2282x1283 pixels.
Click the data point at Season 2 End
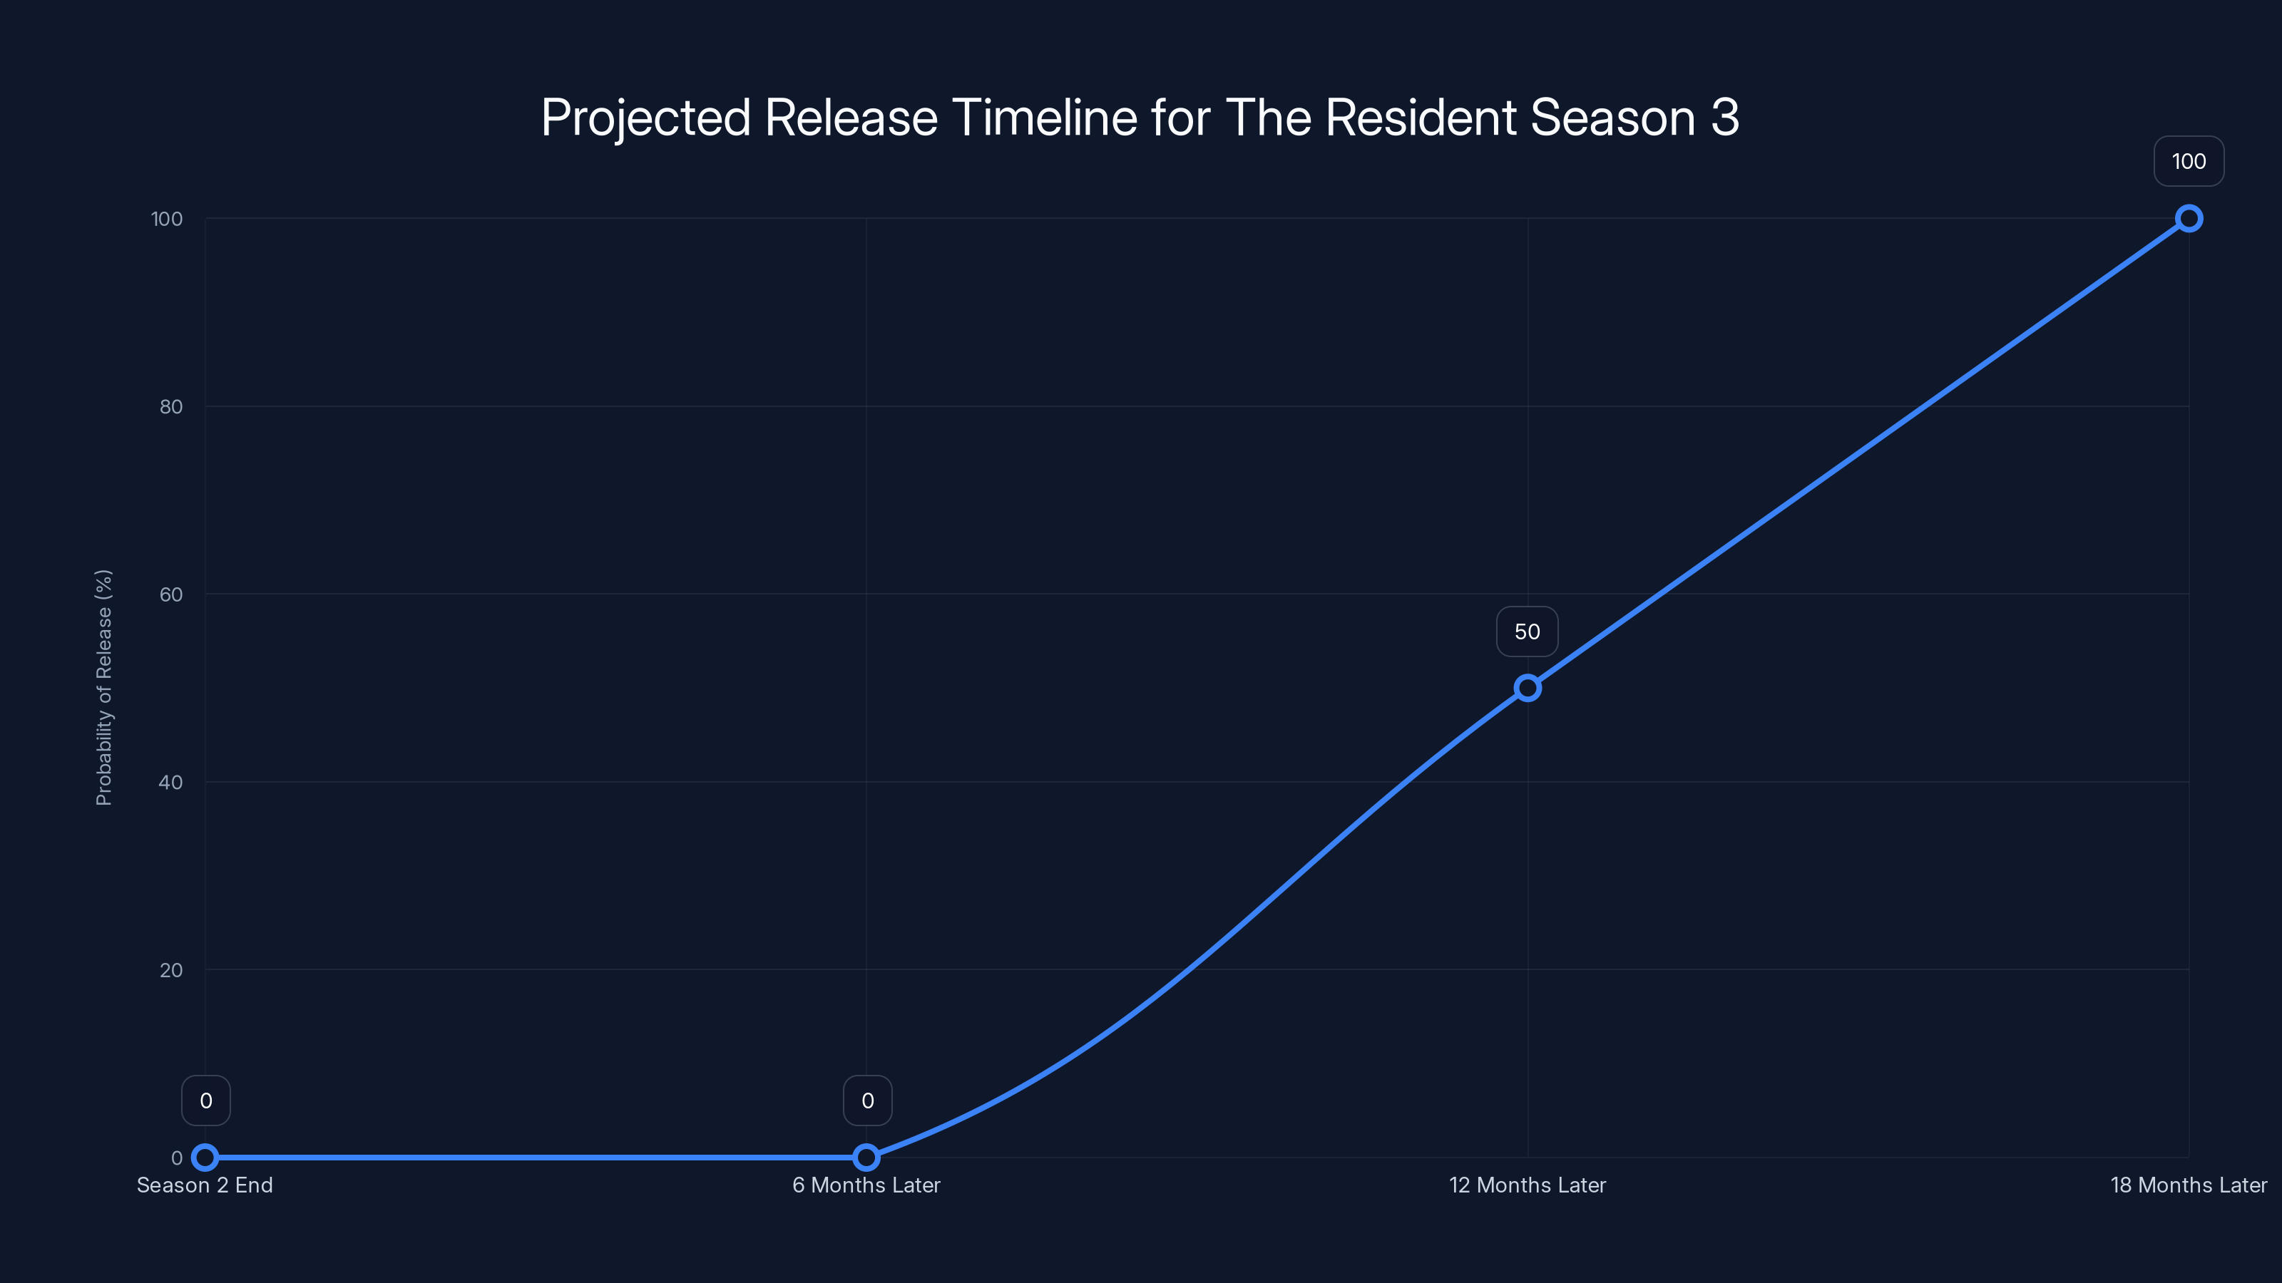pos(205,1158)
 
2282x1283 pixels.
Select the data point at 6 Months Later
pos(866,1158)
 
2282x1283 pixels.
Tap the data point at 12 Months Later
pos(1528,688)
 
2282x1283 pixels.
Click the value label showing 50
pos(1528,632)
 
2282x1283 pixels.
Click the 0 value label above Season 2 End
pos(205,1101)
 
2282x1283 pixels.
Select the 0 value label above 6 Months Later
pos(867,1101)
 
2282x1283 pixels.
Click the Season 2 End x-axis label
pos(205,1185)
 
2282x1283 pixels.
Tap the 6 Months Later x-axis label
pos(866,1185)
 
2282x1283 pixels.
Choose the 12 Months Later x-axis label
pos(1528,1185)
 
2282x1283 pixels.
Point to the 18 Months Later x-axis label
pos(2188,1185)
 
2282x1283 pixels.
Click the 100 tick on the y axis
pos(167,219)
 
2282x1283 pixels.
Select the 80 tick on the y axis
pos(171,406)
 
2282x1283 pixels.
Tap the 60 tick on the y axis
pos(171,594)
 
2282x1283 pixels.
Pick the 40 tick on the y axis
pos(171,782)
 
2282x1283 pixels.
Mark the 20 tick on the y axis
pos(171,969)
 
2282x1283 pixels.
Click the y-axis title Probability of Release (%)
pos(103,687)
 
